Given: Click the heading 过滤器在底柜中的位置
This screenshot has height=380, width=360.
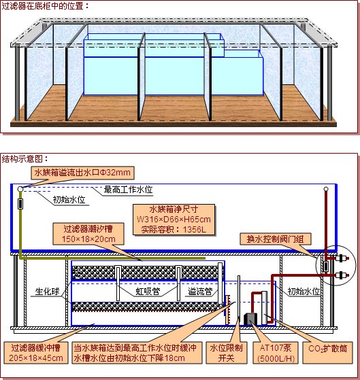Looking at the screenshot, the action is pyautogui.click(x=43, y=6).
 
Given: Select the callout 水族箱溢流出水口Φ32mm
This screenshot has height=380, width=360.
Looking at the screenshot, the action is pyautogui.click(x=82, y=173).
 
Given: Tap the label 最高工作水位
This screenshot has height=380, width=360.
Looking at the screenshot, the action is pyautogui.click(x=128, y=190).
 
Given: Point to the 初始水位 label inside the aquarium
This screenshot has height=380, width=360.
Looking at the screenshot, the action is pyautogui.click(x=69, y=200).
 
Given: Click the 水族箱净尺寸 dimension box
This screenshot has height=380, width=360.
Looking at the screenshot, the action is pyautogui.click(x=174, y=220).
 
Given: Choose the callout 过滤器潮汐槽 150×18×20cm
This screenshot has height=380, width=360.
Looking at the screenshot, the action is pyautogui.click(x=88, y=234).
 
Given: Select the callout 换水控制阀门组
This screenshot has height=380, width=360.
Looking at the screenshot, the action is pyautogui.click(x=276, y=239).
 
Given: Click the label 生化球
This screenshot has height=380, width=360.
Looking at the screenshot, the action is pyautogui.click(x=47, y=292).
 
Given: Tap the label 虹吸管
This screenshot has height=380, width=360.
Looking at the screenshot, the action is pyautogui.click(x=148, y=292).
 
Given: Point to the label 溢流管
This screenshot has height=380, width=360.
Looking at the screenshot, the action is pyautogui.click(x=200, y=292).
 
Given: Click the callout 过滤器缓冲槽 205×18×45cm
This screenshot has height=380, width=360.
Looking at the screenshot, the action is pyautogui.click(x=36, y=353).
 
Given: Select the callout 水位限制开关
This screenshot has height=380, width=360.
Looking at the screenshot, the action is pyautogui.click(x=227, y=353).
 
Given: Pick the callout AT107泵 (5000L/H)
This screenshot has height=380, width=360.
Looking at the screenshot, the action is pyautogui.click(x=276, y=353).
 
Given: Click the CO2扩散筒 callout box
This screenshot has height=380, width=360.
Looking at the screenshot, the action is pyautogui.click(x=328, y=353).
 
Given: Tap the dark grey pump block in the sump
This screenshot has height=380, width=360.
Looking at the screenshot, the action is pyautogui.click(x=250, y=319).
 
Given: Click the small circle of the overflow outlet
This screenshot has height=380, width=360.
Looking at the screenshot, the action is pyautogui.click(x=20, y=189).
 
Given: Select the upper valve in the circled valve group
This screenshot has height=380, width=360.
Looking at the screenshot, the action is pyautogui.click(x=342, y=258).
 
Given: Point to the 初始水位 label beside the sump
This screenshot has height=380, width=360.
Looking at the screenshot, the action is pyautogui.click(x=304, y=292).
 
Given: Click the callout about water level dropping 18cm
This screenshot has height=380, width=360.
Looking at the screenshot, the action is pyautogui.click(x=137, y=353).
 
